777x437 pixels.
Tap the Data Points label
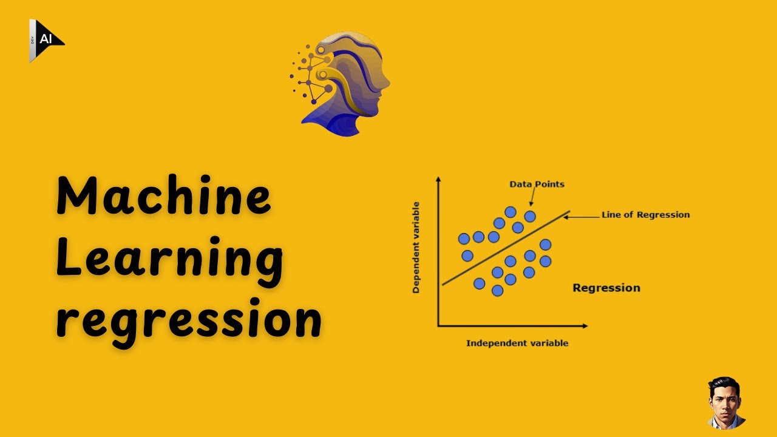pos(537,184)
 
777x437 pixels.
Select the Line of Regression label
pos(645,214)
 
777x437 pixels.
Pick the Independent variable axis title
pos(517,343)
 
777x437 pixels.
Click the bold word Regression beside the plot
pos(606,288)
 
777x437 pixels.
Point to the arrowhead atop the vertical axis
pos(438,179)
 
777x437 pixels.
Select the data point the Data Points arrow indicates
pos(530,216)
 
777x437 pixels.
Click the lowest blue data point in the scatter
pos(498,291)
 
